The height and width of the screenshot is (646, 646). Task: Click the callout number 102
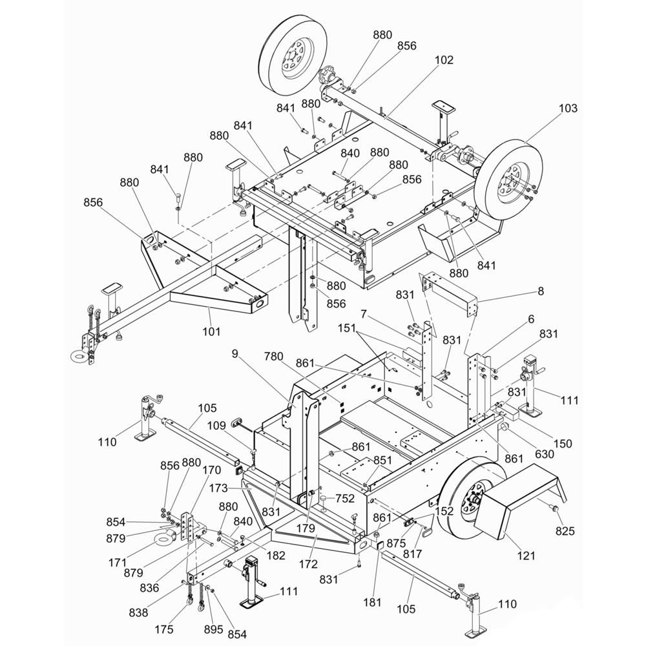click(x=444, y=60)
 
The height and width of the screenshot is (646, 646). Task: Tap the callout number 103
click(x=568, y=108)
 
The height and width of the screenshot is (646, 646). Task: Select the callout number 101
click(x=211, y=331)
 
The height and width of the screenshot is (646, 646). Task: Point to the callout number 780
click(x=273, y=357)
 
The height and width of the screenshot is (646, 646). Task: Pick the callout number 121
click(x=526, y=556)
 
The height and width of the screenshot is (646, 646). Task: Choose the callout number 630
click(x=544, y=453)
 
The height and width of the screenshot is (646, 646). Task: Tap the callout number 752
click(x=345, y=499)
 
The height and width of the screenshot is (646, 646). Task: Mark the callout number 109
click(x=216, y=425)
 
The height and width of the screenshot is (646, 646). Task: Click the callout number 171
click(x=118, y=563)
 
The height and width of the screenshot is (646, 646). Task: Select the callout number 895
click(x=213, y=629)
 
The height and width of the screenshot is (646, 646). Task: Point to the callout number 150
click(x=563, y=443)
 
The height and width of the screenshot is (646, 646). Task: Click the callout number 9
click(x=235, y=354)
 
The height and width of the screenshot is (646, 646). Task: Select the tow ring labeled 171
click(x=165, y=537)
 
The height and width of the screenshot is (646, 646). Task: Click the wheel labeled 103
click(x=508, y=180)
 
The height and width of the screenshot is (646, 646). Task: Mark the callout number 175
click(x=164, y=629)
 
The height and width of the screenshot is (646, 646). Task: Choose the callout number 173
click(x=218, y=488)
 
